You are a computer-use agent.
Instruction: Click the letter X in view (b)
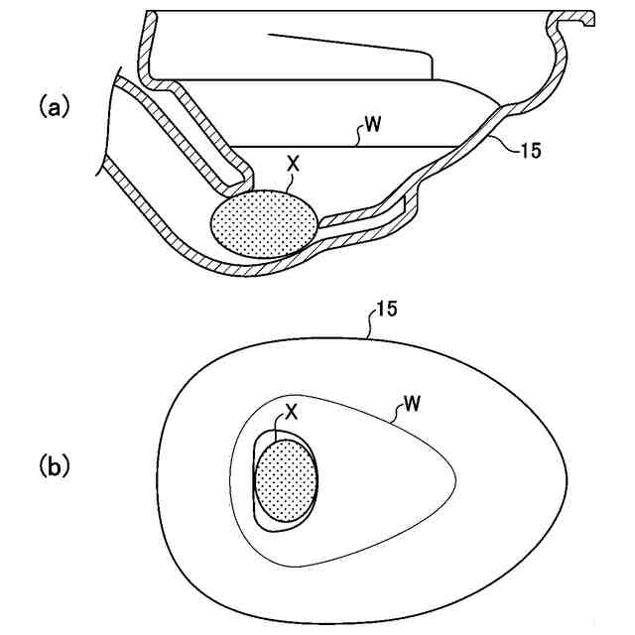click(x=292, y=410)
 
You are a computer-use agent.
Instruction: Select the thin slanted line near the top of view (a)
click(x=347, y=47)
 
